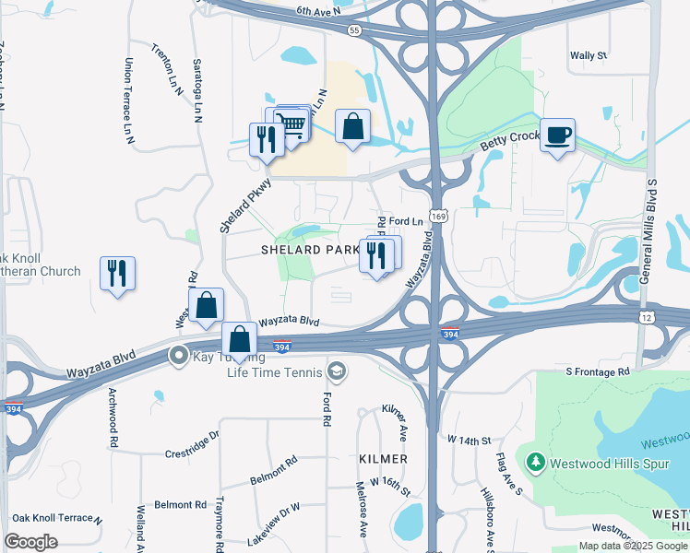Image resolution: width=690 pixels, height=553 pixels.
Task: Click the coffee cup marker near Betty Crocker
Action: [557, 136]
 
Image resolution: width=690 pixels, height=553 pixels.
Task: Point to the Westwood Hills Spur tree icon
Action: [533, 461]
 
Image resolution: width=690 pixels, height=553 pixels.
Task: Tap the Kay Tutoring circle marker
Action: [176, 355]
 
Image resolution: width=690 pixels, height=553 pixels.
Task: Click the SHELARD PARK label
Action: [310, 250]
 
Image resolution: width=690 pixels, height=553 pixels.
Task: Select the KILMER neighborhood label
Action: [384, 458]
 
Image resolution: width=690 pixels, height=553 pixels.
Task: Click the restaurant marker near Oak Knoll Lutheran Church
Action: [117, 274]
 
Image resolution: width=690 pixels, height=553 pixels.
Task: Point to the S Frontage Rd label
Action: [597, 371]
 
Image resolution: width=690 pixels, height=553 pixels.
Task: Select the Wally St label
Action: [588, 55]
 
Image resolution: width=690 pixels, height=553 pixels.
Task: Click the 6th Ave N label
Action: [318, 10]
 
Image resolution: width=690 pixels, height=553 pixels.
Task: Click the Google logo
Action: [31, 542]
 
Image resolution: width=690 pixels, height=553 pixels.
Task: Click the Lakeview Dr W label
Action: [278, 514]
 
